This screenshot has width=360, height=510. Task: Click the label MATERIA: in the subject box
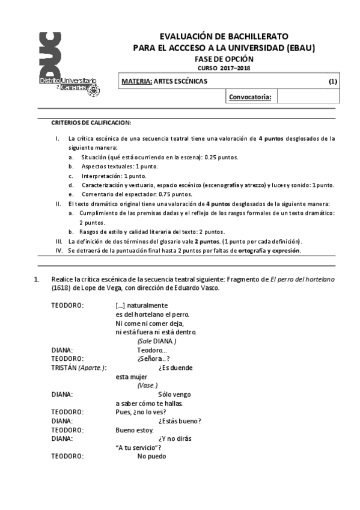coord(136,81)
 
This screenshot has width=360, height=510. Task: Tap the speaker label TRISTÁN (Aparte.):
coord(79,367)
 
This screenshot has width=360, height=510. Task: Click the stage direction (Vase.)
coord(147,385)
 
